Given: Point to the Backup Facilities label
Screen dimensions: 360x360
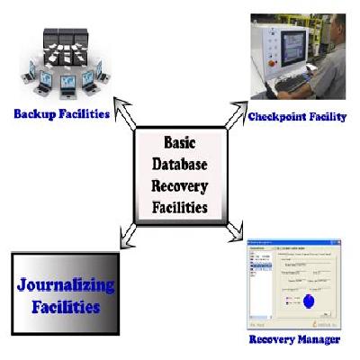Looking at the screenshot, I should tap(62, 114).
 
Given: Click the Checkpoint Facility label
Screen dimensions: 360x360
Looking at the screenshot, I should tap(297, 116).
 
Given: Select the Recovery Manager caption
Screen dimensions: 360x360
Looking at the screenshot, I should tap(294, 339).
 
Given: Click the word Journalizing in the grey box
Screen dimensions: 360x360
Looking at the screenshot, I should tap(66, 286).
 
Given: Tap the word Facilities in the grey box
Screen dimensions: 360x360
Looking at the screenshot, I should tap(66, 306).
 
